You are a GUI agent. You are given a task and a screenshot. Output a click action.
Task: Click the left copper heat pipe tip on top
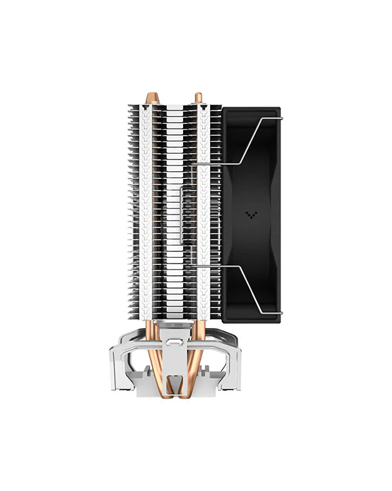point(152,98)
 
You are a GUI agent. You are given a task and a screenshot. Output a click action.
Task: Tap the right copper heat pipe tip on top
point(198,98)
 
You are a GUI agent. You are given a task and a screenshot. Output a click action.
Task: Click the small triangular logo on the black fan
point(251,214)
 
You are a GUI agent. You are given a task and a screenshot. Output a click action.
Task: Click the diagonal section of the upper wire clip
point(248,141)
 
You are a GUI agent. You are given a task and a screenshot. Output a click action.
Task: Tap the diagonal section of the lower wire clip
point(248,288)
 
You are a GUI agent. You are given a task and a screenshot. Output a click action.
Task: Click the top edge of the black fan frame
point(251,109)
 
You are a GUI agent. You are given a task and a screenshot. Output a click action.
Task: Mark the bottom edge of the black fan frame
point(251,320)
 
